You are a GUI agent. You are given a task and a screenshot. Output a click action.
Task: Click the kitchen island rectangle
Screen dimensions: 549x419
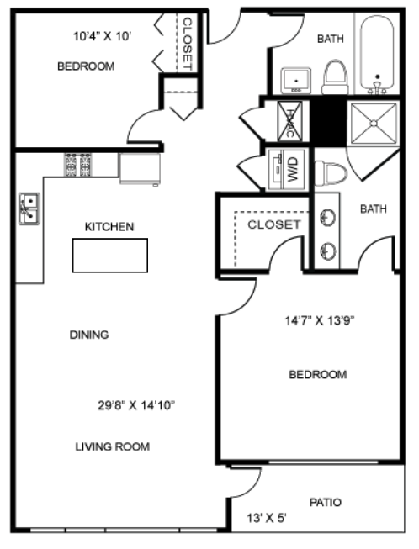coord(109,255)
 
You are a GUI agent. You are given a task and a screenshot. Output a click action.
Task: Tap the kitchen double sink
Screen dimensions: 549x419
coord(28,209)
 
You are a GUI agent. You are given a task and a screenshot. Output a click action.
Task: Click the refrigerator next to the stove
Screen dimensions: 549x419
coord(139,168)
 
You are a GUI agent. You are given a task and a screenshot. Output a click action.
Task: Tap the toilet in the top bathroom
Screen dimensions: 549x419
coord(335,77)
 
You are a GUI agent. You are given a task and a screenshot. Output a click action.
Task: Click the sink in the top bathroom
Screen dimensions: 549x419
coord(296,82)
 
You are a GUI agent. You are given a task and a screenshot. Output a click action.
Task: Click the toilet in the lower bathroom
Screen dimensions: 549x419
coord(330,174)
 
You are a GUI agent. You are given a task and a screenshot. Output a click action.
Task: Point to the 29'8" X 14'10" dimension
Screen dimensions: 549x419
coord(136,405)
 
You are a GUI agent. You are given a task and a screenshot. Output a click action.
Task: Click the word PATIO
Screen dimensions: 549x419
coord(325,503)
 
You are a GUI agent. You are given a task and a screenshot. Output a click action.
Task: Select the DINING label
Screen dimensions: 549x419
coord(89,335)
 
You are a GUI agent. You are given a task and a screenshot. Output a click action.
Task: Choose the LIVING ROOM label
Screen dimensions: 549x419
coord(112,446)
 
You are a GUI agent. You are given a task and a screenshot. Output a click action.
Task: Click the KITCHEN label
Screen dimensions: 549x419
coord(109,227)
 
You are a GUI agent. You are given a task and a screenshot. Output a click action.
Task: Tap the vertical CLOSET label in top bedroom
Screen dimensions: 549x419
coord(188,44)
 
